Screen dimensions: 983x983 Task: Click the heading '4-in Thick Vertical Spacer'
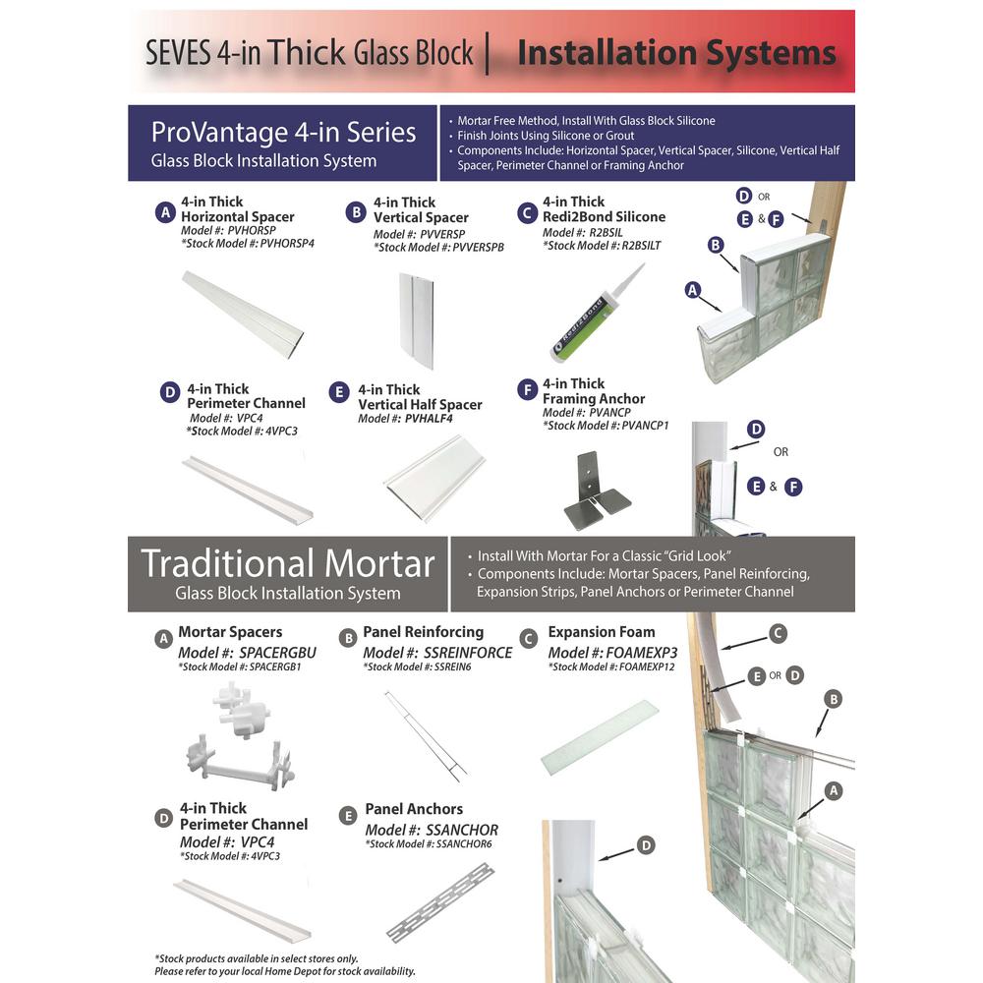421,210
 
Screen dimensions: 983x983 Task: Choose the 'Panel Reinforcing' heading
423,632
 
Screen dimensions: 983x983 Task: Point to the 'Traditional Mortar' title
287,563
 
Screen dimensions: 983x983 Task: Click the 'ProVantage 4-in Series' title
283,132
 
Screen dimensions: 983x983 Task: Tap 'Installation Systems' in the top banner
676,52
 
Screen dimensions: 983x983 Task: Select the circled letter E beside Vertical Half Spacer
340,393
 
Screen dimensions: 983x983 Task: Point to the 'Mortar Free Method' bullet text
586,120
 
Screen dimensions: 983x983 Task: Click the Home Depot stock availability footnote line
285,971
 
